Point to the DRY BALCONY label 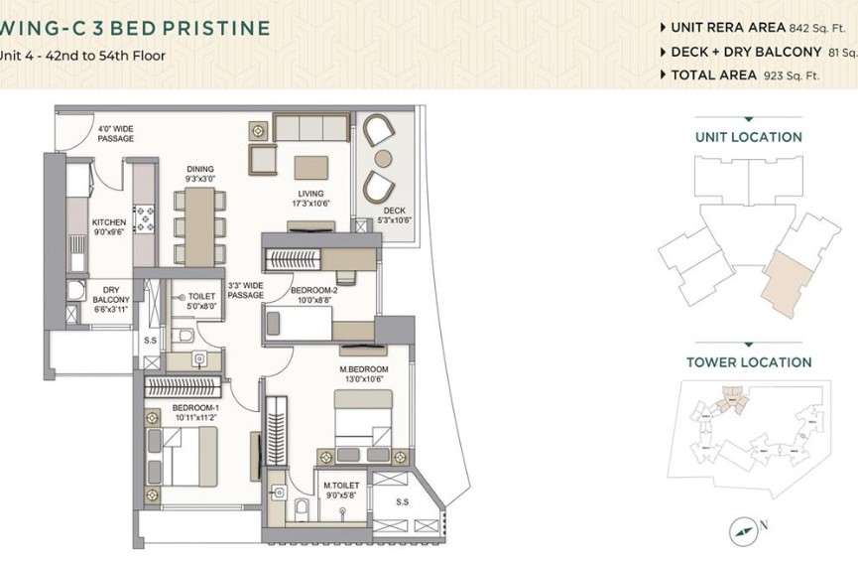point(110,295)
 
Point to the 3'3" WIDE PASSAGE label point(245,289)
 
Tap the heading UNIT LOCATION point(748,137)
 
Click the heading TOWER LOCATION point(748,362)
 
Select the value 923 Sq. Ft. point(792,75)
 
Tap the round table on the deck point(383,159)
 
